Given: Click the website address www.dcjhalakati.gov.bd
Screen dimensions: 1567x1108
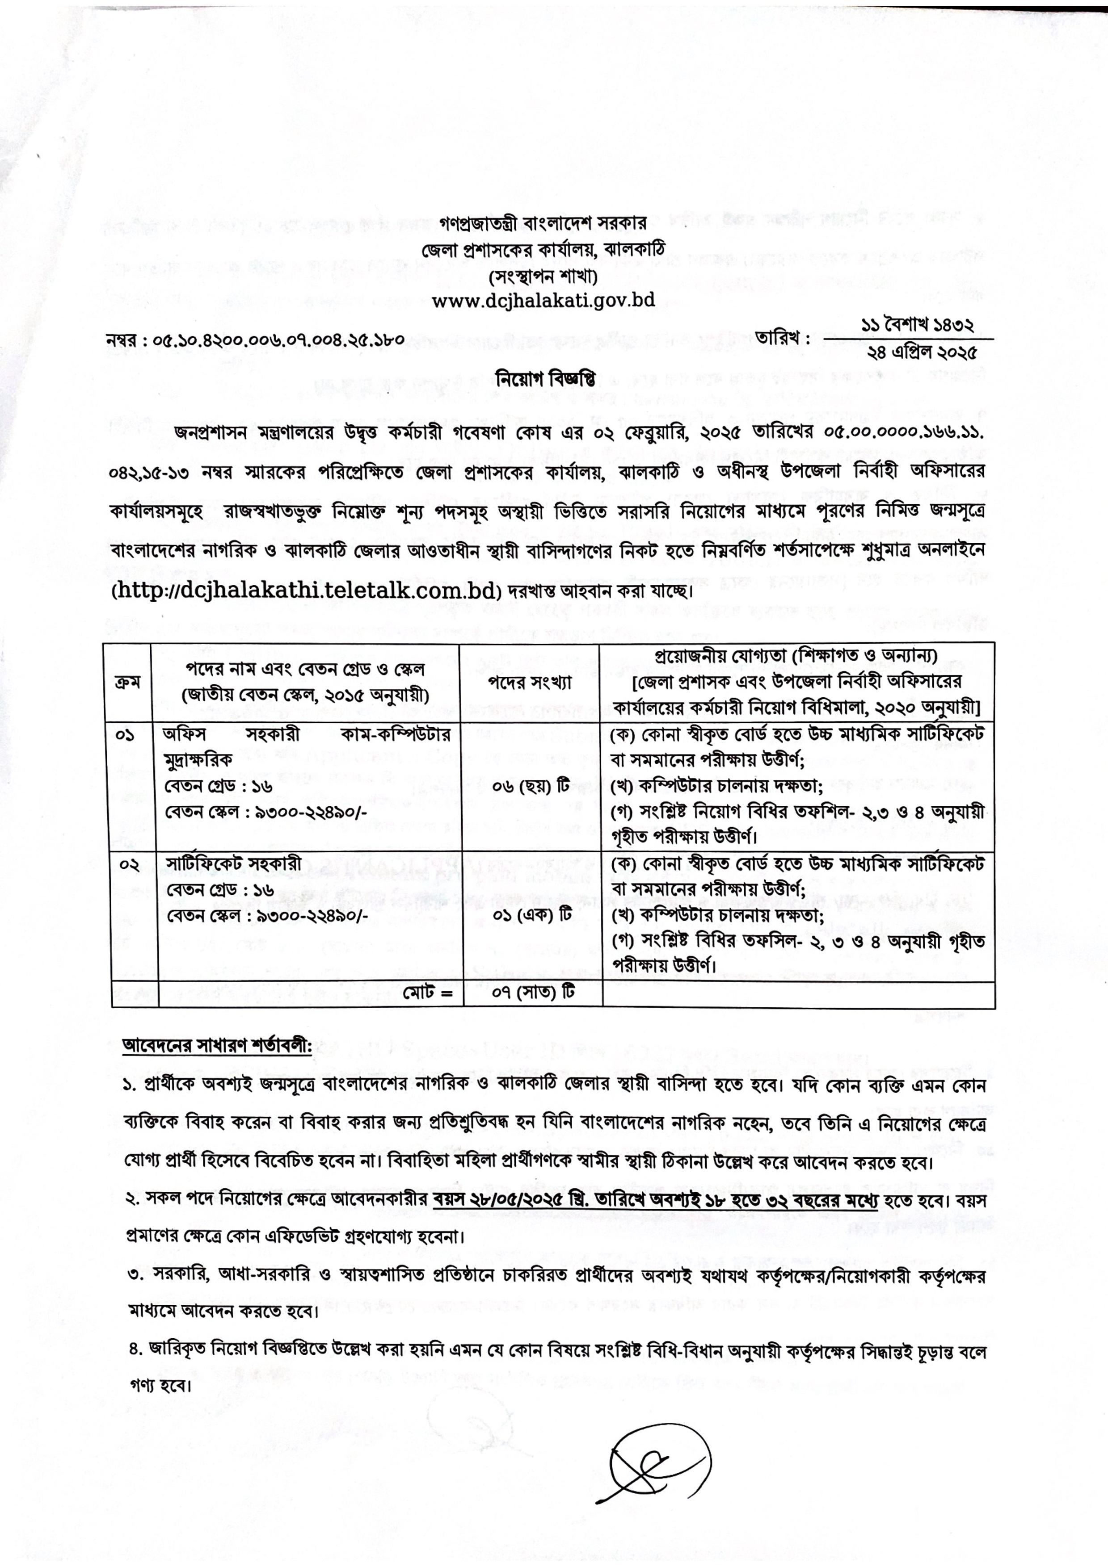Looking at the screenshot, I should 543,300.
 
